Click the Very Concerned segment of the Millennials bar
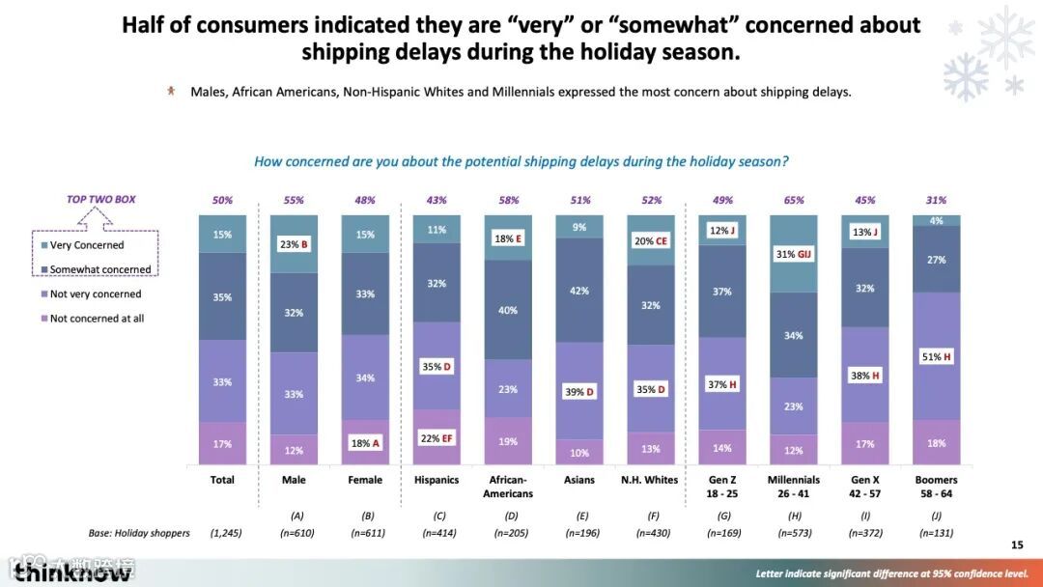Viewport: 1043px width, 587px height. [x=794, y=253]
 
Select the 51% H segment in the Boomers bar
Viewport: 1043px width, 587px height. [x=936, y=356]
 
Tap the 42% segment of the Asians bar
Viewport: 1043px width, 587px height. [x=579, y=291]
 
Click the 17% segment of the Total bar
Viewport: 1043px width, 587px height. [x=222, y=444]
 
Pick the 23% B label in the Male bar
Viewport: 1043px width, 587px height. [x=294, y=244]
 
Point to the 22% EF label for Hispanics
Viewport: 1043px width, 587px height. [x=437, y=438]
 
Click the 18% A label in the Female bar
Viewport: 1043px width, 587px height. [x=365, y=442]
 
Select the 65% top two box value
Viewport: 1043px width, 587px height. [x=794, y=200]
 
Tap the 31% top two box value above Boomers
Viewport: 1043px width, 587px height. [x=936, y=200]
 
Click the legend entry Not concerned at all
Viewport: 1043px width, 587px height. [x=97, y=319]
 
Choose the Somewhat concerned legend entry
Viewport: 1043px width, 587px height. [x=100, y=269]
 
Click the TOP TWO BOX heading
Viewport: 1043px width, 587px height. [x=100, y=200]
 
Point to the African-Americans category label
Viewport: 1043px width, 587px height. [x=508, y=487]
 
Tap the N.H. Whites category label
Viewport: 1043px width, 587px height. [x=651, y=480]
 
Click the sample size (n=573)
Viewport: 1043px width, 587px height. [x=794, y=533]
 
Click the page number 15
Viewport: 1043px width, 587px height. [x=1016, y=545]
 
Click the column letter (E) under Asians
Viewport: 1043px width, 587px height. [x=579, y=516]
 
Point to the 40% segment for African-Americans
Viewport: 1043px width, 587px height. [x=508, y=310]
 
